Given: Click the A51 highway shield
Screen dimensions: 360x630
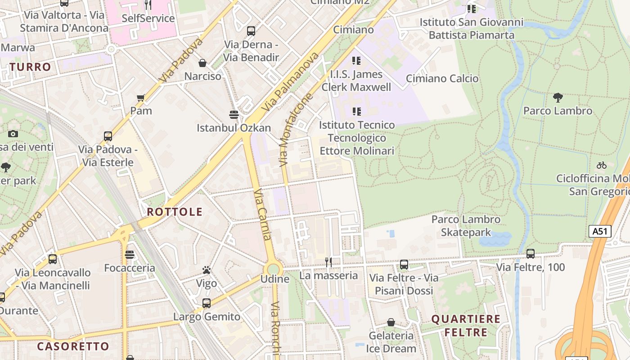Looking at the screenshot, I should (x=600, y=231).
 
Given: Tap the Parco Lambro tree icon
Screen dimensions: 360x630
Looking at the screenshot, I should (x=558, y=97).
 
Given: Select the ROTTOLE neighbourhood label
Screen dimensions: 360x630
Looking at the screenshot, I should (x=175, y=212).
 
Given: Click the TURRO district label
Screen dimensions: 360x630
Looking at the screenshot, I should (x=31, y=67).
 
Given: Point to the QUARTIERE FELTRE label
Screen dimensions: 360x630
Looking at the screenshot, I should (x=466, y=326).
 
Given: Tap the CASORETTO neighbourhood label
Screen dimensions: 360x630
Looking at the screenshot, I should (x=73, y=346).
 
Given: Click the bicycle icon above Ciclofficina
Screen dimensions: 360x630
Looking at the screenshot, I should (x=601, y=165).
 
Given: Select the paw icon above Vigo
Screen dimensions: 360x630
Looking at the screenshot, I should (x=207, y=270).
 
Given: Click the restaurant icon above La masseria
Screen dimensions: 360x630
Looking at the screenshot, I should (x=328, y=262).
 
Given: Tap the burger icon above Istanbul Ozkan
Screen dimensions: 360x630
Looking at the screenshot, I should (x=234, y=114).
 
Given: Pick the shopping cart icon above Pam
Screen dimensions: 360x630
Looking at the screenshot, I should (x=141, y=98).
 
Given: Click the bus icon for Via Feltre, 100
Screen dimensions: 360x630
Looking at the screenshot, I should (x=531, y=253).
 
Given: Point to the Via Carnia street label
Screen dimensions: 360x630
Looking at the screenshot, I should (x=262, y=215).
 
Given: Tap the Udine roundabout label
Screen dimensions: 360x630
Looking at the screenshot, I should (x=275, y=279).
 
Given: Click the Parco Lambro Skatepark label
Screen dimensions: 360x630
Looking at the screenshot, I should (x=466, y=226).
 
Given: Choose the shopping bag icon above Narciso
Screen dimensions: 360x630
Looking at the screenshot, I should (x=202, y=63).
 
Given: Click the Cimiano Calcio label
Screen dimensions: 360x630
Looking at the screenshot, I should (x=442, y=79).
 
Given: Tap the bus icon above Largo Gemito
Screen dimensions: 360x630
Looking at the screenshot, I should (x=207, y=303).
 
